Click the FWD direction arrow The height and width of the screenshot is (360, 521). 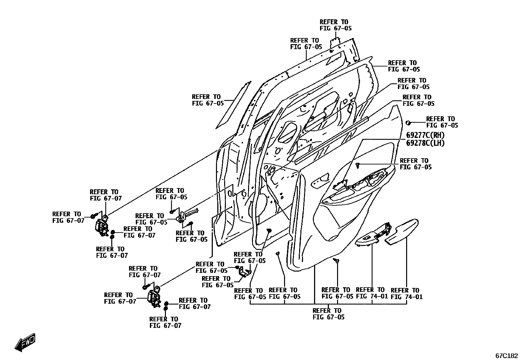coord(25,343)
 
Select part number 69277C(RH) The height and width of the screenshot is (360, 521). coord(425,135)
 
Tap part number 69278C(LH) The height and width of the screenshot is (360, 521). coord(425,143)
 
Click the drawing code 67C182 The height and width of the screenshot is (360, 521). coord(506,355)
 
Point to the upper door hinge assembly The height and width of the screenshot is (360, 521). coord(102,227)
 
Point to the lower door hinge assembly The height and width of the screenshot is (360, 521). coord(154,297)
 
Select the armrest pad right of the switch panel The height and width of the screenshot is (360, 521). coord(402,231)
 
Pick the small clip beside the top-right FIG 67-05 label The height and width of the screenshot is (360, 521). coord(408,123)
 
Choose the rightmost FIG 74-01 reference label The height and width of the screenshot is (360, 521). coord(406,294)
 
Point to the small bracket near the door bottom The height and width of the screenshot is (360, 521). coord(244,272)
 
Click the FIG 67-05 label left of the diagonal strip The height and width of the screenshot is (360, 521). coord(207,100)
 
